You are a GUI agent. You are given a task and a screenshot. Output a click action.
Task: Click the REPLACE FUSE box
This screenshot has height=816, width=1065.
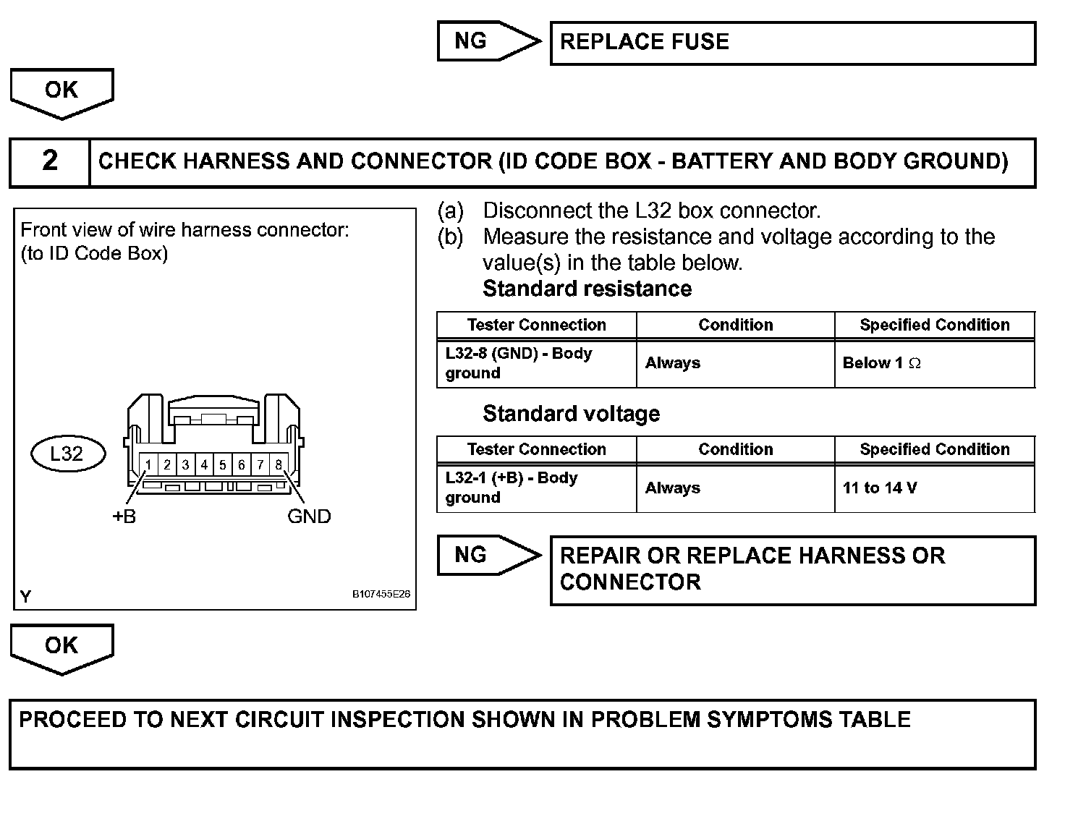click(x=792, y=43)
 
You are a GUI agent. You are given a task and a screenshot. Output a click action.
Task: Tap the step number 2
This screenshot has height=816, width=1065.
click(x=49, y=161)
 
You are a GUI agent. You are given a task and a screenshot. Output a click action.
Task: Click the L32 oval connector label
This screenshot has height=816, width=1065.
click(x=67, y=454)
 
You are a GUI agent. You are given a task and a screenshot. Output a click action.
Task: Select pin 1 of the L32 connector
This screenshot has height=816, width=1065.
click(x=148, y=464)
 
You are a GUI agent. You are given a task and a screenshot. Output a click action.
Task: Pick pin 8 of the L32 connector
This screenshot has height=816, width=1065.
click(x=279, y=464)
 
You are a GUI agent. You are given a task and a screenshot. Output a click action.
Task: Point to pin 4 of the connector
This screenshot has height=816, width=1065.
click(x=204, y=464)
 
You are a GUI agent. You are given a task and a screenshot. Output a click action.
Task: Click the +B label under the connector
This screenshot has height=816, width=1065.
click(x=124, y=517)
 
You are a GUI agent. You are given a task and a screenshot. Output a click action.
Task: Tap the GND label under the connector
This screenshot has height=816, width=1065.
click(x=309, y=517)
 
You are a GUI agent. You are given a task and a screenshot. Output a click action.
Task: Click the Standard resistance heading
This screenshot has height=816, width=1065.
click(x=587, y=289)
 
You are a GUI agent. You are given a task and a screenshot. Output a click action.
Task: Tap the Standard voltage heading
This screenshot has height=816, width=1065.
click(x=571, y=414)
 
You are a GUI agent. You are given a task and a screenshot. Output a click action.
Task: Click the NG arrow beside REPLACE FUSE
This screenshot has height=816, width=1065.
click(x=488, y=41)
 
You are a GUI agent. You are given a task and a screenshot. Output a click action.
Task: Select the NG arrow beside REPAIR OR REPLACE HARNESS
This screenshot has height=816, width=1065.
click(x=488, y=556)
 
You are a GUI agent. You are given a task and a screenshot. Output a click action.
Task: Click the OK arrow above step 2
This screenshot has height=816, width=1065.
click(x=61, y=92)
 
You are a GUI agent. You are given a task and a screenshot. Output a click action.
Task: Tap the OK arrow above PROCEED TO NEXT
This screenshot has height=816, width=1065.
click(x=61, y=647)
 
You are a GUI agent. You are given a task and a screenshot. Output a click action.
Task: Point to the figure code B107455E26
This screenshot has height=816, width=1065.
click(x=381, y=595)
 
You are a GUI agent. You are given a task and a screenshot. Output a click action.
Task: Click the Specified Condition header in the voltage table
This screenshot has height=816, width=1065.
click(x=934, y=449)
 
